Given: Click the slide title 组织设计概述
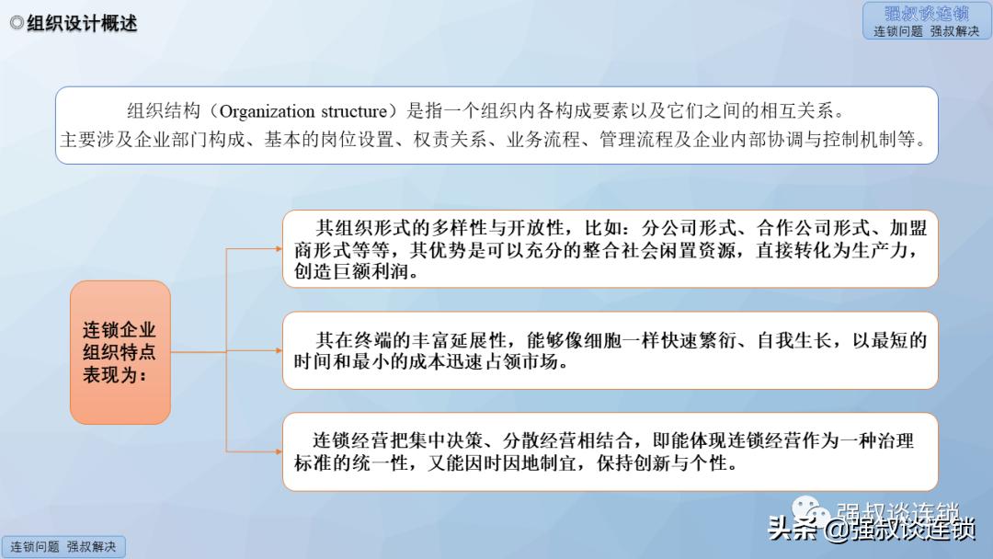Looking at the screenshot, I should coord(82,24).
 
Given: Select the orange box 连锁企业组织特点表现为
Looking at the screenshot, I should coord(120,352).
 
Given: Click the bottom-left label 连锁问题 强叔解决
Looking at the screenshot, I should coord(63,547).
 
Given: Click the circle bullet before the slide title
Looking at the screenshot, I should coord(17,24).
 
